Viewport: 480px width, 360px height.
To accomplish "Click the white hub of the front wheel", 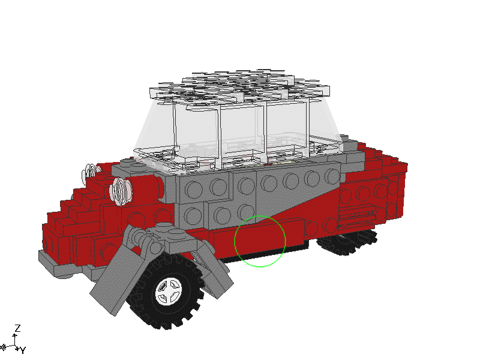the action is [x=169, y=291].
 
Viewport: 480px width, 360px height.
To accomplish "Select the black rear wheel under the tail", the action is [x=347, y=242].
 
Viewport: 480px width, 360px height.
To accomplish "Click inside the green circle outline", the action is [x=260, y=241].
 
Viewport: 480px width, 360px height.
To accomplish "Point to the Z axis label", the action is [x=18, y=328].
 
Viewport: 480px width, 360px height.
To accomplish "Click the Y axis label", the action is [x=23, y=350].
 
